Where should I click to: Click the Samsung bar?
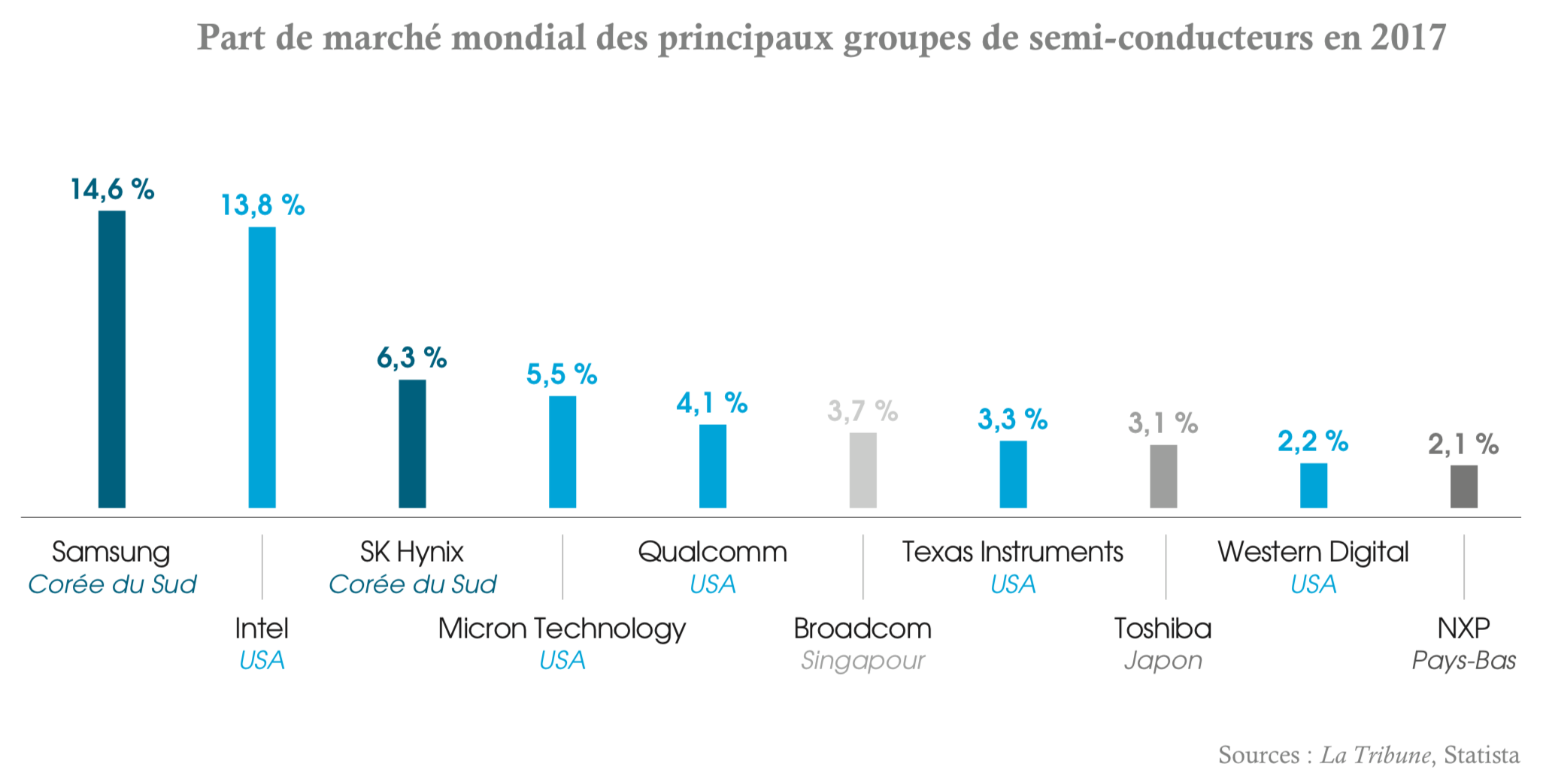click(x=112, y=359)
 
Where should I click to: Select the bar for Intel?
click(x=262, y=367)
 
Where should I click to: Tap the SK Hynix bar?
click(x=412, y=444)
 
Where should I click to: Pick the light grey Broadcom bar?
click(x=862, y=470)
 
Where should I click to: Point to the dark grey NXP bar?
click(x=1463, y=486)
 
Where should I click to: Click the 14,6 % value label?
click(x=112, y=189)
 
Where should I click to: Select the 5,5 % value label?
click(x=562, y=374)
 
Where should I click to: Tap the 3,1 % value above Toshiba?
click(x=1163, y=423)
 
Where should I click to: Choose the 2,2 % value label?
click(x=1313, y=441)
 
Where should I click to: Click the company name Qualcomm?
click(x=712, y=552)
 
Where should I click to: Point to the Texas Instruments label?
click(x=1012, y=552)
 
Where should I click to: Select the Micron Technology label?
click(x=562, y=629)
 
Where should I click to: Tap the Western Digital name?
click(x=1313, y=552)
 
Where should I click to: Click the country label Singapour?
click(x=862, y=660)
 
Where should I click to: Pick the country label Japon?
click(x=1163, y=660)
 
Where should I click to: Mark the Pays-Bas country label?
click(x=1463, y=660)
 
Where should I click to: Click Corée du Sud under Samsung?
click(x=112, y=584)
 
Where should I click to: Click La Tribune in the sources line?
click(x=1375, y=754)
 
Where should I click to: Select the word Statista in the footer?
click(x=1481, y=754)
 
